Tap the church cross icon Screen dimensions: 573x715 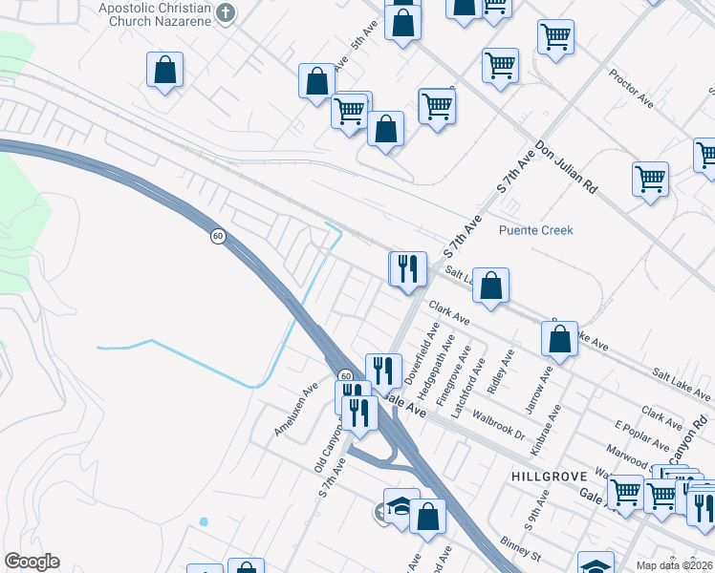coord(226,13)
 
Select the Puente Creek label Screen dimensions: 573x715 coord(536,230)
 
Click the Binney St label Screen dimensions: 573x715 coord(523,552)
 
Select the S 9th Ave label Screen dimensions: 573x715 coord(536,510)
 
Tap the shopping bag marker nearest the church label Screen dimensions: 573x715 coord(164,71)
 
